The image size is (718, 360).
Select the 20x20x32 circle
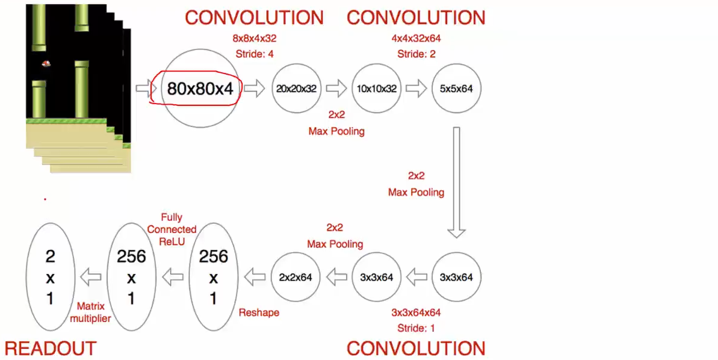(x=296, y=88)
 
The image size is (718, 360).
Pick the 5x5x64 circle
(x=456, y=88)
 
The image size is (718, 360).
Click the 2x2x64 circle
(x=296, y=277)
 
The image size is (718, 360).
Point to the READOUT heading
(x=51, y=348)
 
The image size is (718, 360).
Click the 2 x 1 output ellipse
(x=51, y=278)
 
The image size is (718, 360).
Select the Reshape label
(x=259, y=312)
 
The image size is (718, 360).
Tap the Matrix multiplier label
(x=90, y=312)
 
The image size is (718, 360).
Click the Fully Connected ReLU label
(x=172, y=229)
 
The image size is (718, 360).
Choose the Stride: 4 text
(x=255, y=54)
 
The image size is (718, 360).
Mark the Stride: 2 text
(x=416, y=54)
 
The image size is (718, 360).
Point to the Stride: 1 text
(x=416, y=328)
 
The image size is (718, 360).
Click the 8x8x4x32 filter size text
(x=255, y=39)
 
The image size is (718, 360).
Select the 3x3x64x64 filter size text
(x=416, y=312)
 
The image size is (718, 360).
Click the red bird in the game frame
(x=46, y=63)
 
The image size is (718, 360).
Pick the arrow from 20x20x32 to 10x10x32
(x=336, y=89)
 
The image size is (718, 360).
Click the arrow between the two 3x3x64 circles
(x=416, y=278)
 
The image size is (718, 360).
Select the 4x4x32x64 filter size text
(x=416, y=39)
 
